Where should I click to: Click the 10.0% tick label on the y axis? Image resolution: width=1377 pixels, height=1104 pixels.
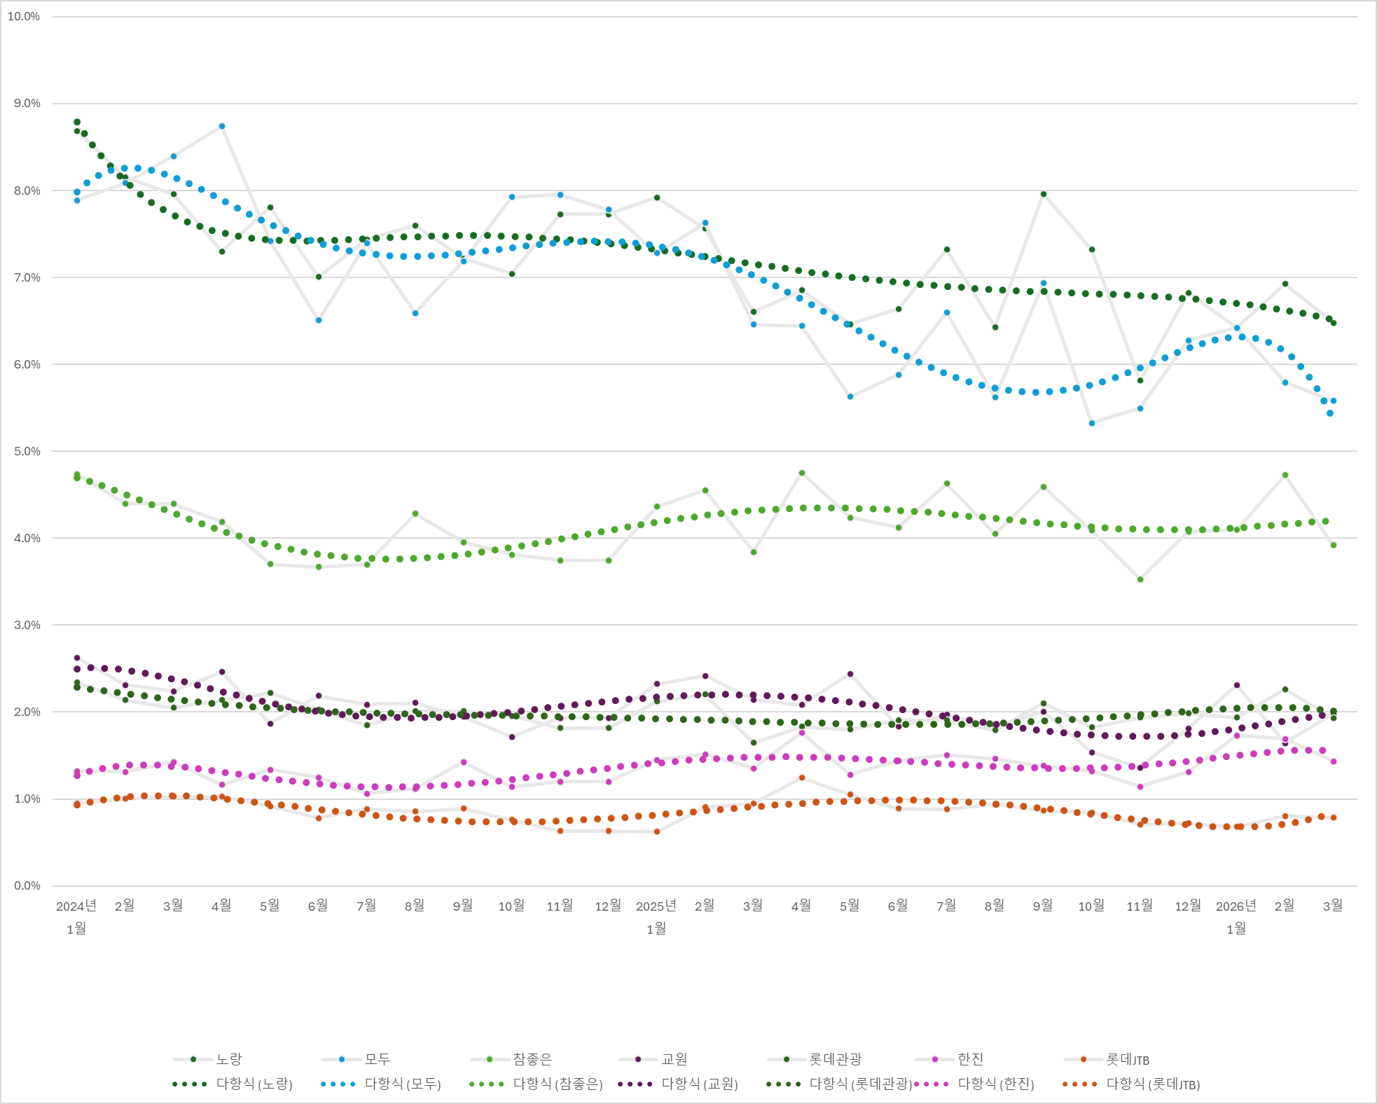[x=24, y=17]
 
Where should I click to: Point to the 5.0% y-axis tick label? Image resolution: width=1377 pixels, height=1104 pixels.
[x=27, y=451]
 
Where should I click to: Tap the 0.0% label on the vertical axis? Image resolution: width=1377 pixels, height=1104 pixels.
[x=27, y=885]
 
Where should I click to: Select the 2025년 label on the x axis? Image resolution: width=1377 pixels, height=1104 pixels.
[x=656, y=906]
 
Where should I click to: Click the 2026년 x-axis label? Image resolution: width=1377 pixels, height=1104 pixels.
[x=1236, y=906]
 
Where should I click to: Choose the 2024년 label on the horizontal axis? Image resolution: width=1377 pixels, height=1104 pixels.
[x=76, y=906]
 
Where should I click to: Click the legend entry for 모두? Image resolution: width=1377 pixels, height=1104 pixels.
[x=377, y=1059]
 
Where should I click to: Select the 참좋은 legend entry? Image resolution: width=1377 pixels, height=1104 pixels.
[x=532, y=1059]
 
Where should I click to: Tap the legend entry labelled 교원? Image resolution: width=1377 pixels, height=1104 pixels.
[x=674, y=1059]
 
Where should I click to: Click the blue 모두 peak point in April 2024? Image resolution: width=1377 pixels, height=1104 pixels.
[x=222, y=126]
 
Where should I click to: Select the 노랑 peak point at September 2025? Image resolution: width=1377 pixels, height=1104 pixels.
[x=1044, y=194]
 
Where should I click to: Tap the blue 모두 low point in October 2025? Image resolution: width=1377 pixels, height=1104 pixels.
[x=1092, y=423]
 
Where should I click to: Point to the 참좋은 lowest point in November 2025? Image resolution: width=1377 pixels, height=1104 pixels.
[x=1140, y=579]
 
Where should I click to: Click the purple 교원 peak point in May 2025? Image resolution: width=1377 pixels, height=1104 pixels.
[x=850, y=674]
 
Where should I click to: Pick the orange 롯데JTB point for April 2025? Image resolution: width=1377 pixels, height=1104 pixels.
[x=802, y=778]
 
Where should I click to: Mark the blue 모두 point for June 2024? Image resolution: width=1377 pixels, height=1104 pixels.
[x=319, y=320]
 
